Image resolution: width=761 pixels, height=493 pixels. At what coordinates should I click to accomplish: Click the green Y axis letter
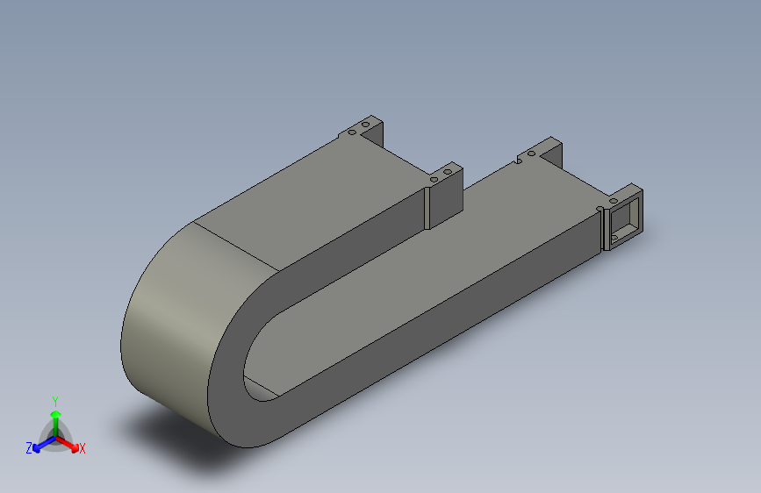click(55, 398)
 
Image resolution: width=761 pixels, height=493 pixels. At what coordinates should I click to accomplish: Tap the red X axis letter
click(83, 449)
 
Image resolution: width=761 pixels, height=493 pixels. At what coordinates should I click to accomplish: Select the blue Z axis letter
click(29, 448)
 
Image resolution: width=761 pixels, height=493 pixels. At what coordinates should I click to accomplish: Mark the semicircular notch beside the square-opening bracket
click(600, 209)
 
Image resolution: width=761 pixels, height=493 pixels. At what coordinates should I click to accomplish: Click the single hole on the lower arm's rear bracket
click(531, 154)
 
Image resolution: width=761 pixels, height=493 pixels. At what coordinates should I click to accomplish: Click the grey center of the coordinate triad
click(55, 437)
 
